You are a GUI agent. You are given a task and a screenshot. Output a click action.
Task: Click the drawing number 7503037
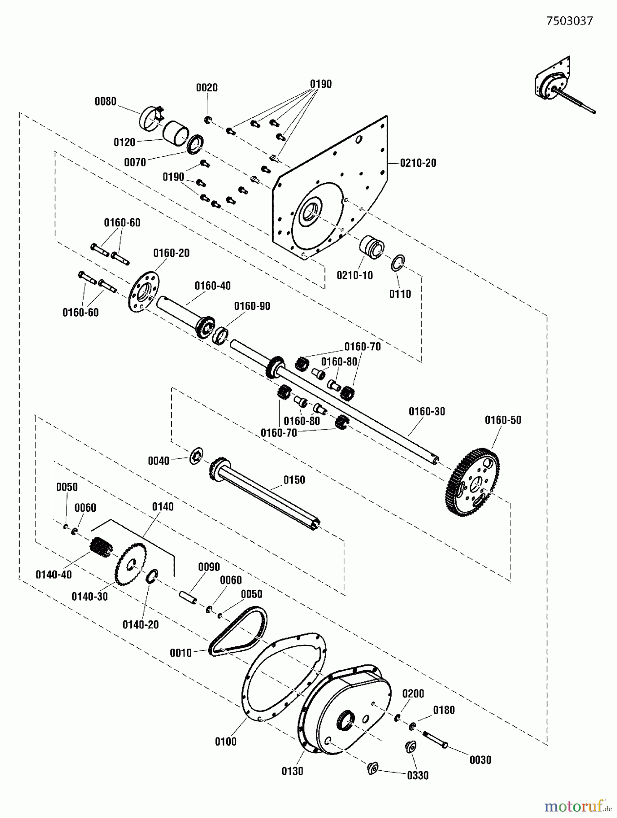click(x=569, y=21)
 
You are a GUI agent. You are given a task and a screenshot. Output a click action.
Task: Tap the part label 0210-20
click(x=418, y=163)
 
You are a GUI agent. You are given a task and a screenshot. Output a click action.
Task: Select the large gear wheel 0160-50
click(x=475, y=481)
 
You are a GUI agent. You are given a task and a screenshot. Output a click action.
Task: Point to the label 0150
click(x=294, y=480)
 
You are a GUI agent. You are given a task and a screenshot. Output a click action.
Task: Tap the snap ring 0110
click(x=397, y=264)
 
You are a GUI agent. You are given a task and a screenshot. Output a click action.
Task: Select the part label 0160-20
click(x=171, y=253)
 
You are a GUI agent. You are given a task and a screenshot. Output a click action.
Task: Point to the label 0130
click(x=292, y=771)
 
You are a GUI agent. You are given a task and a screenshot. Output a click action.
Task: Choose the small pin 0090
click(x=187, y=597)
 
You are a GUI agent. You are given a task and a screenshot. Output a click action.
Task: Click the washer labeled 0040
click(x=196, y=455)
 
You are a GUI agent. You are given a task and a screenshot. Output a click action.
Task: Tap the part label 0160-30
click(x=427, y=411)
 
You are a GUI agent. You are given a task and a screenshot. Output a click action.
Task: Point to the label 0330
click(x=418, y=775)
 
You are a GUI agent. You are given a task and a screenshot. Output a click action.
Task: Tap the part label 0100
click(x=225, y=742)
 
